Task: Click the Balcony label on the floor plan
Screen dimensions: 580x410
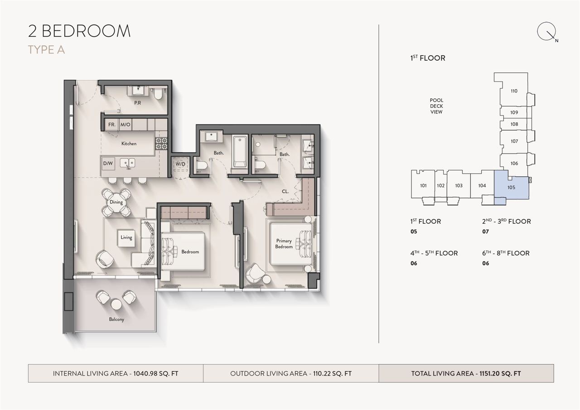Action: coord(116,319)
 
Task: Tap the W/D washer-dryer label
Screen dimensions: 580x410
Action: coord(180,164)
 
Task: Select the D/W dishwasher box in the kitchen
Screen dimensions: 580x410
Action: coord(108,164)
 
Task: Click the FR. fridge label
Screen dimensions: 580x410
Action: coord(112,125)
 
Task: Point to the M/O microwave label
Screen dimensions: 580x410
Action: coord(126,125)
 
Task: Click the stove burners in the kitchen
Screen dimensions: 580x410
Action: coord(161,144)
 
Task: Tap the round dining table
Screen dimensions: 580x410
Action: coord(116,203)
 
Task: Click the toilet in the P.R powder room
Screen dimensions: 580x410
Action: coord(158,94)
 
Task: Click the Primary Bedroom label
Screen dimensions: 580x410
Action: coord(284,244)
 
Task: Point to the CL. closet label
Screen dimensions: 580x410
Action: coord(285,192)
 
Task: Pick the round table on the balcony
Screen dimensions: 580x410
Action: coord(116,304)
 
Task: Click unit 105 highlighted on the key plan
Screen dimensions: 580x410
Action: coord(511,188)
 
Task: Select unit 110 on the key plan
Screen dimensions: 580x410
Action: coord(514,91)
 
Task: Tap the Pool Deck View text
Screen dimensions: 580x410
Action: coord(436,106)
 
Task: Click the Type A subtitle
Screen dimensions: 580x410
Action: coord(46,50)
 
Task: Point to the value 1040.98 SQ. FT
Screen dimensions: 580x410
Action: coord(155,373)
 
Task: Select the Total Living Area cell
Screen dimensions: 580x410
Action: coord(466,373)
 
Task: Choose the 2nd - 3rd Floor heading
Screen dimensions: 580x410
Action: coord(506,221)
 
